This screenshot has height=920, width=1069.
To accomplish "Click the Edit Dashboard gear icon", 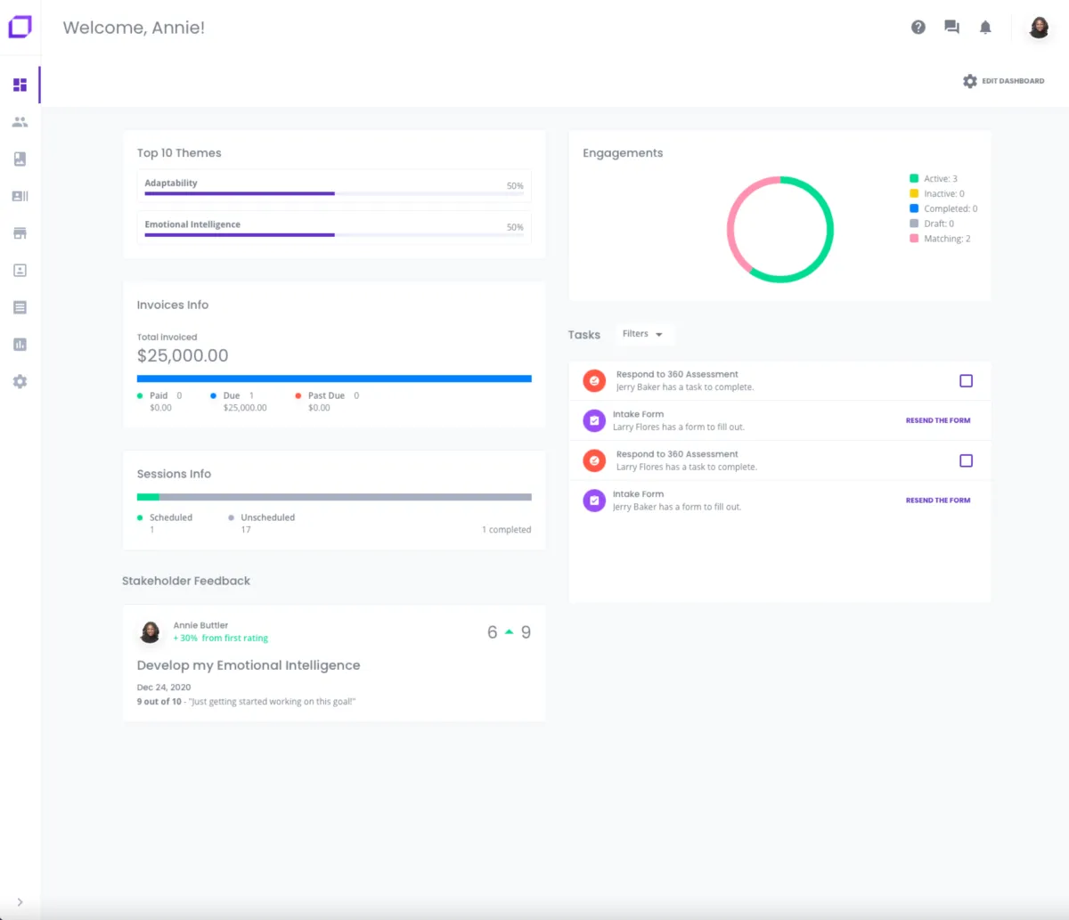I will click(970, 81).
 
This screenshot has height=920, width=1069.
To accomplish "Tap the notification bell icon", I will click(985, 28).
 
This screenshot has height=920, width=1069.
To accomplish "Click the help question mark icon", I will click(918, 28).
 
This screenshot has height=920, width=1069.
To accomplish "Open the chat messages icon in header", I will click(951, 28).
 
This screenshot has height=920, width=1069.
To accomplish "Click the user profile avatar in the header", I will click(1039, 28).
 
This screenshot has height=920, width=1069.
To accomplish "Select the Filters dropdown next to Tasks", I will click(642, 334).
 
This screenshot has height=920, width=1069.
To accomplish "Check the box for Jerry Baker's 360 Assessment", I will click(966, 381).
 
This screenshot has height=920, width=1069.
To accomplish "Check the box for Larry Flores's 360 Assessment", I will click(966, 460).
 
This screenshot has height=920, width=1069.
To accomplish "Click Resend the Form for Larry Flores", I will click(938, 420).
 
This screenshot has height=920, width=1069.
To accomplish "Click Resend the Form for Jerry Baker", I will click(938, 501).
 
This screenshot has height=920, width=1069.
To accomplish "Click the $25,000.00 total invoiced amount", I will click(183, 355).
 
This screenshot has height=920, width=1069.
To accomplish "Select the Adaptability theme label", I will click(171, 183).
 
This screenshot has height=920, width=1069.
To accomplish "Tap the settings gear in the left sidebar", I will click(20, 381).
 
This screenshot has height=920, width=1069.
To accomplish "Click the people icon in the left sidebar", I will click(20, 122).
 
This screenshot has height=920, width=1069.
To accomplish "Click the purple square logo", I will click(20, 27).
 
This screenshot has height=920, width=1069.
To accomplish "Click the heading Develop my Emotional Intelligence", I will click(249, 665).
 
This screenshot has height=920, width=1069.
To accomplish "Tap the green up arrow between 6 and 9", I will click(510, 632).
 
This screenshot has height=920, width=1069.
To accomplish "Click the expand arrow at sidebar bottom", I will click(20, 902).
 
